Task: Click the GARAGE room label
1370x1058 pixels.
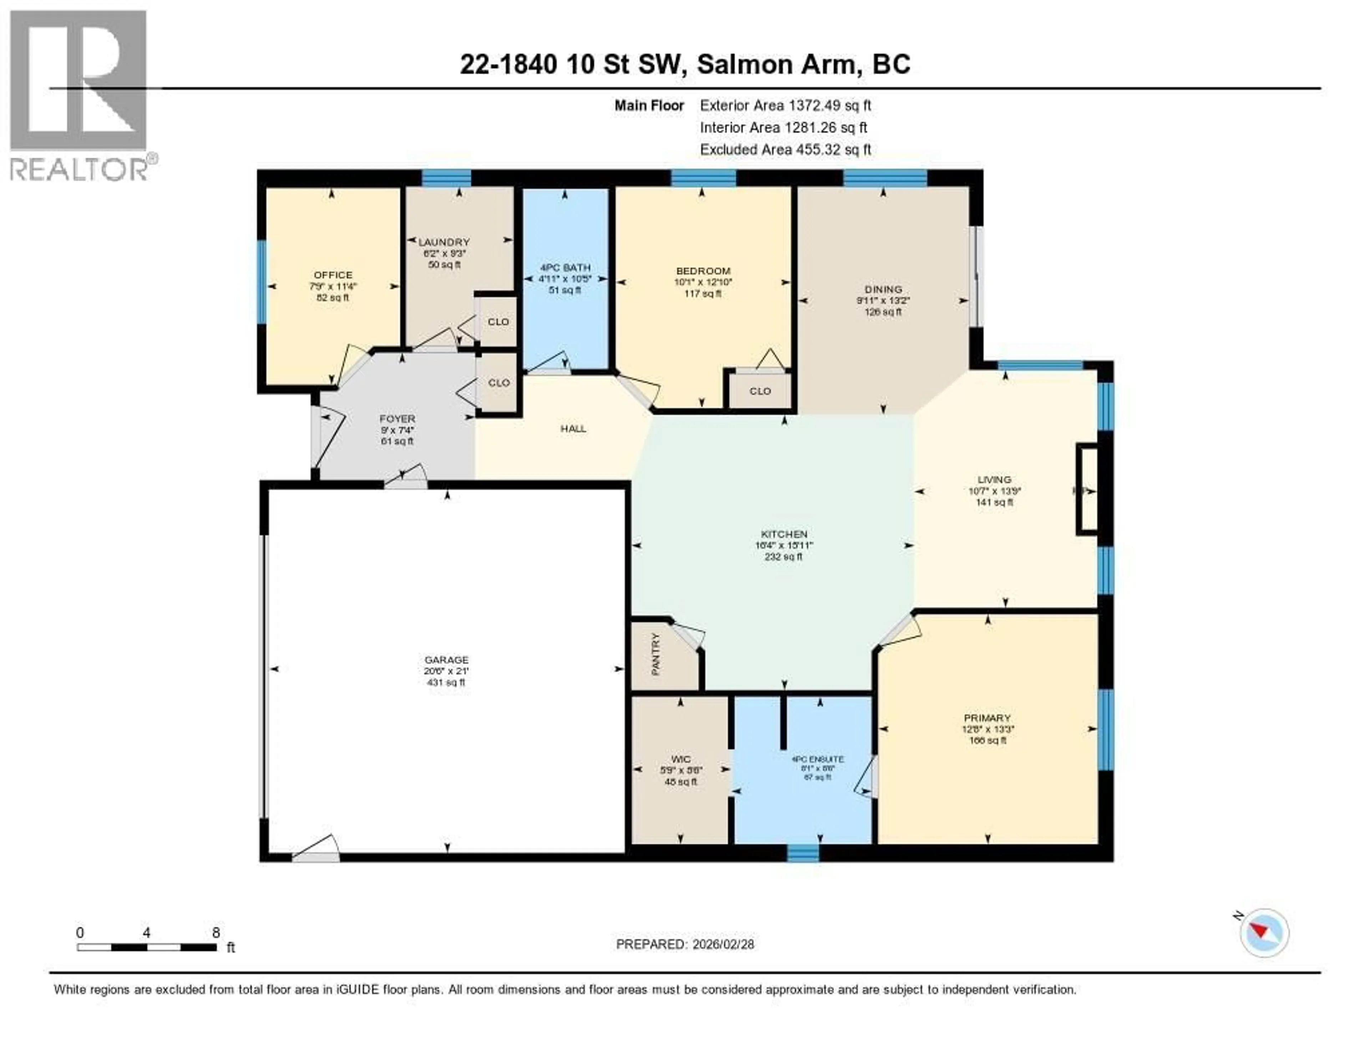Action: pyautogui.click(x=446, y=660)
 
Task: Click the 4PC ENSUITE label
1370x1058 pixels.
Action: pyautogui.click(x=817, y=759)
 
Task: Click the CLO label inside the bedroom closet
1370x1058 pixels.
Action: pyautogui.click(x=760, y=391)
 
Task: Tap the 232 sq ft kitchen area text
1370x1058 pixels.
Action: pyautogui.click(x=783, y=556)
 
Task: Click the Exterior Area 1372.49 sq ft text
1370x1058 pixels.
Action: pyautogui.click(x=785, y=105)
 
